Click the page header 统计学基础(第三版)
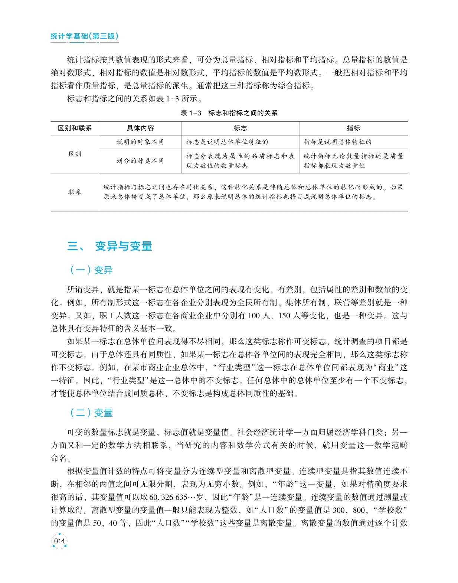tap(84, 36)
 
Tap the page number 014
tap(59, 541)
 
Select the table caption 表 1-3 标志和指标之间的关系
tap(229, 113)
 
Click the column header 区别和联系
tap(75, 128)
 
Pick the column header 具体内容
tap(140, 128)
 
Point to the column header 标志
tap(240, 128)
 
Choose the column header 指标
tap(353, 128)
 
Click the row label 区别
tap(75, 154)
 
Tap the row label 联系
tap(75, 192)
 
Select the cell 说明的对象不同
tap(140, 142)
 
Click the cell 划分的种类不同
tap(140, 161)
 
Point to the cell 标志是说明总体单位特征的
tap(227, 142)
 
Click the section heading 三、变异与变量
tap(110, 246)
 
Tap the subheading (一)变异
tap(91, 270)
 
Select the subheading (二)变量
tap(91, 413)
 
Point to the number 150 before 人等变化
tap(284, 316)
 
